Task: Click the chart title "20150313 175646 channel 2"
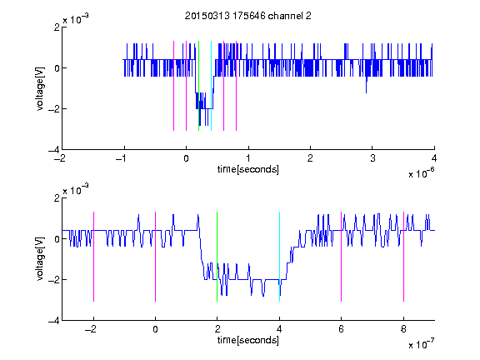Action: (x=248, y=16)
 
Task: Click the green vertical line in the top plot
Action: (x=198, y=86)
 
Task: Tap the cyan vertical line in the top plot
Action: (x=211, y=86)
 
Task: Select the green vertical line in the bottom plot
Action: (x=217, y=257)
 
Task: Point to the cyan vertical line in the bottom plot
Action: (x=279, y=257)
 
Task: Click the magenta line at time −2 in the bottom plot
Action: (x=93, y=257)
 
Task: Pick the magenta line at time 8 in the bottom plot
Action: (x=403, y=257)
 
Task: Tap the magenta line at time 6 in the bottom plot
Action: (x=342, y=257)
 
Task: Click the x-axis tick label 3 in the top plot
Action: (x=372, y=158)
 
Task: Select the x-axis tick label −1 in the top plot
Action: (x=122, y=158)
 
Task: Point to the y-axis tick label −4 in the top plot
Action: (x=54, y=150)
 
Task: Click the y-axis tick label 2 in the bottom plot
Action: (x=57, y=198)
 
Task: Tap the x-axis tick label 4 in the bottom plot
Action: (x=279, y=329)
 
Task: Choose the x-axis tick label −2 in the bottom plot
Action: (x=90, y=329)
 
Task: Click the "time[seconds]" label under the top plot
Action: (x=248, y=169)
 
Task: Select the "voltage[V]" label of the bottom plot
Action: (x=40, y=259)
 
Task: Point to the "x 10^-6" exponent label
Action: (x=421, y=173)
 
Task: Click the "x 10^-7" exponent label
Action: (x=421, y=344)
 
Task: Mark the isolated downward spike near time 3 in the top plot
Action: (x=366, y=84)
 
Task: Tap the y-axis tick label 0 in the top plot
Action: (x=57, y=68)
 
